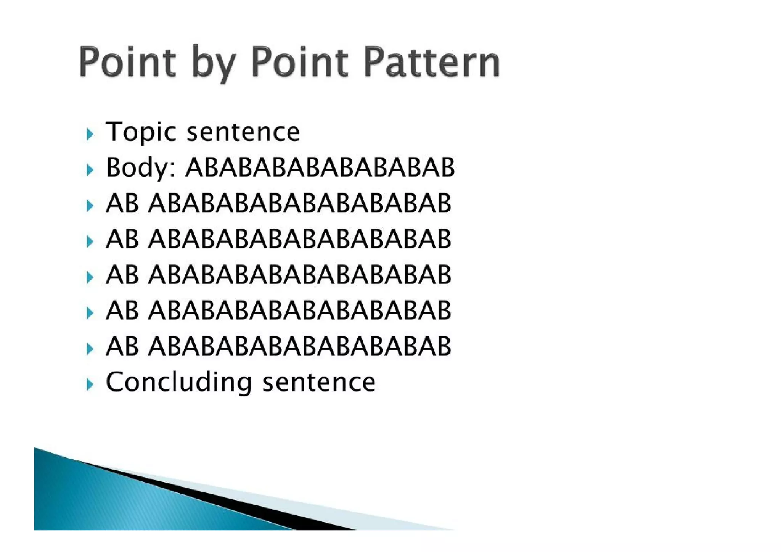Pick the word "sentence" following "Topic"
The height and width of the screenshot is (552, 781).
[243, 132]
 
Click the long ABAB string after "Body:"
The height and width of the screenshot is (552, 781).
[320, 167]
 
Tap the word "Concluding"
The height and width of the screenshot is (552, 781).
[178, 382]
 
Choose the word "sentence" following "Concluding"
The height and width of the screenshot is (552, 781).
[319, 382]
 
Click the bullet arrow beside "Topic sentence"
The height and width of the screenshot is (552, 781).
[90, 134]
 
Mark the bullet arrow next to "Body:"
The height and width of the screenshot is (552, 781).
[90, 170]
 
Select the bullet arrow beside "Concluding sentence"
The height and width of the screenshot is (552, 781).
[90, 384]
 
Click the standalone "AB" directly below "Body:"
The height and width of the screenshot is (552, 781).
[122, 203]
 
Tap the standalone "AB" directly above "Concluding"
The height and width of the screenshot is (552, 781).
[122, 346]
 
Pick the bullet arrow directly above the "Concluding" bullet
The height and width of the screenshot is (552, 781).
[90, 349]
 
